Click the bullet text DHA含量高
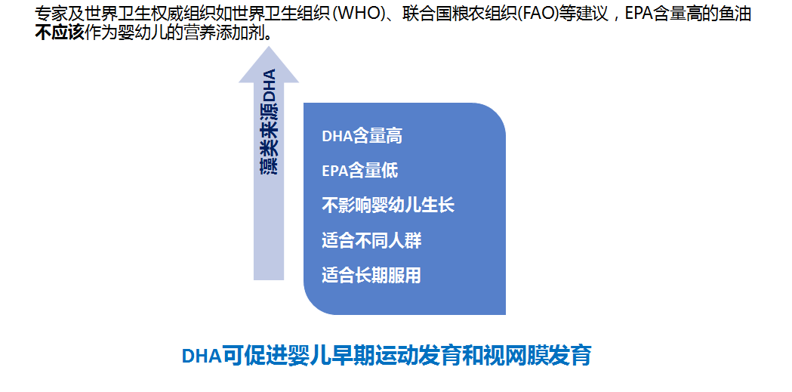[362, 137]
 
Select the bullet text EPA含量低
[359, 171]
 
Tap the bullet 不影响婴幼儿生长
[388, 205]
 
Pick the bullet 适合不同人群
[371, 240]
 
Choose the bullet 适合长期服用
[371, 276]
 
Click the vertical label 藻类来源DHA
[269, 122]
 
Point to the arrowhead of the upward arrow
[269, 47]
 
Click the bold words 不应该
[59, 32]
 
